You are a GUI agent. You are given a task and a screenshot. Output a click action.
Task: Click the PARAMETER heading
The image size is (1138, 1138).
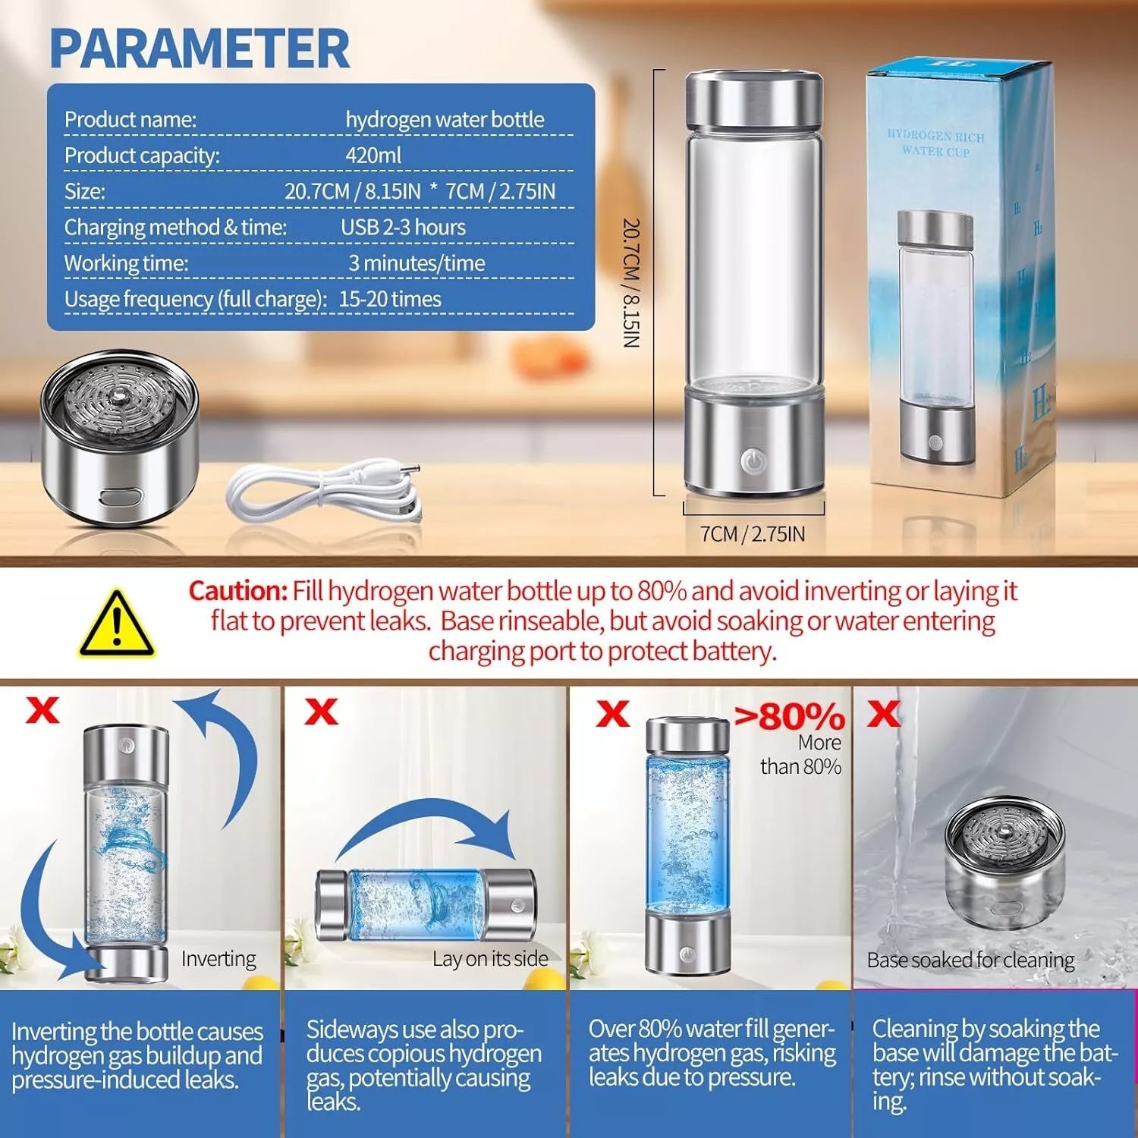click(x=200, y=49)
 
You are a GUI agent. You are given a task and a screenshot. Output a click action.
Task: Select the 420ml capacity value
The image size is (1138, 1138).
click(x=373, y=156)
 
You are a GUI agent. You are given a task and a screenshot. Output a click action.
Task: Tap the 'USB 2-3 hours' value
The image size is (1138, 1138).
click(x=403, y=227)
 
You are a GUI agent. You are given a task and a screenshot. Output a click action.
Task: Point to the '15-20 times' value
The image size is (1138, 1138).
click(x=389, y=299)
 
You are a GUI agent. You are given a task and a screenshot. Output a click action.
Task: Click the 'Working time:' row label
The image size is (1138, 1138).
click(x=126, y=263)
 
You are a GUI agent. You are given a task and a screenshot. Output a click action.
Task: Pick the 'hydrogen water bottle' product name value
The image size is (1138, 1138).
click(x=445, y=120)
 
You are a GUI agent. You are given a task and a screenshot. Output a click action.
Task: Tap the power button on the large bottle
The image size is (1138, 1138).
click(x=753, y=460)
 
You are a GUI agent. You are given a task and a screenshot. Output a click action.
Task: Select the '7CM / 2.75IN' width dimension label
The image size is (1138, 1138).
click(x=752, y=534)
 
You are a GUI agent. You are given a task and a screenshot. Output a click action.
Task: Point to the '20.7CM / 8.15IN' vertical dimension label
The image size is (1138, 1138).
click(x=631, y=283)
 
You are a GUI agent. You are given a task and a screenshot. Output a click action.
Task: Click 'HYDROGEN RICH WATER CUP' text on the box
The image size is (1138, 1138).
click(x=935, y=143)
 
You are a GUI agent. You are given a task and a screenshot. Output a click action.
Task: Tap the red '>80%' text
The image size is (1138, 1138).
click(x=789, y=716)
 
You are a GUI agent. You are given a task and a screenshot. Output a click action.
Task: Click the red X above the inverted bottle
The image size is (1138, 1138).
click(x=42, y=710)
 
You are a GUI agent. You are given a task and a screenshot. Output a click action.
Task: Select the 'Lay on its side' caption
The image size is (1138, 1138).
click(x=490, y=959)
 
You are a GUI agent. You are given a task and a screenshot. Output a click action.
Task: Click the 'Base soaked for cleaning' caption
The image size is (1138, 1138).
click(x=970, y=960)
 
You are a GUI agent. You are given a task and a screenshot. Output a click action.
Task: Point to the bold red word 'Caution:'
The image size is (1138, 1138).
click(x=237, y=591)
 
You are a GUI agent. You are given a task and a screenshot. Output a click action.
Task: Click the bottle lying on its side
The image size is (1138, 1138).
click(x=426, y=904)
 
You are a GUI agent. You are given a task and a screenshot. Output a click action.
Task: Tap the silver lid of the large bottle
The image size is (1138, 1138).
click(x=753, y=101)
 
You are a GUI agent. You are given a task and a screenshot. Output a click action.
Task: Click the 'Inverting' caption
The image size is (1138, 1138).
click(x=218, y=959)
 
